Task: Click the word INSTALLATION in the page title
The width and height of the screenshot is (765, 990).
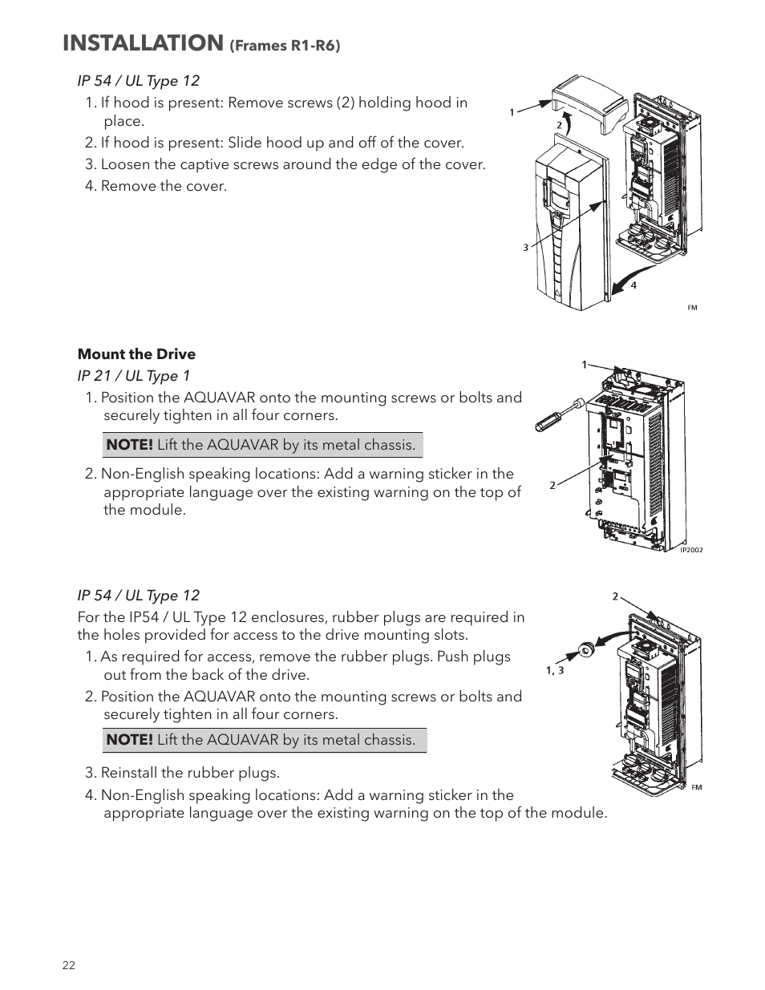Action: click(x=142, y=43)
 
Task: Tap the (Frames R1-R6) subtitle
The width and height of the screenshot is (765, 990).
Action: click(x=285, y=46)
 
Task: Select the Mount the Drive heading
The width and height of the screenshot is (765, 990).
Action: click(x=136, y=354)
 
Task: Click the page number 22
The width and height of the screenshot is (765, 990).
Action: click(x=69, y=965)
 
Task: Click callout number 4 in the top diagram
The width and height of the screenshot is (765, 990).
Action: click(x=633, y=285)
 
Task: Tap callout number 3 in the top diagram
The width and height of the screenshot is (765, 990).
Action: click(x=526, y=248)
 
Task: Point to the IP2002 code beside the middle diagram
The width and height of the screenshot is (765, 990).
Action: click(x=691, y=550)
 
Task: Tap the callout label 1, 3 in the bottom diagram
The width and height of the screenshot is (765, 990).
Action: click(x=555, y=670)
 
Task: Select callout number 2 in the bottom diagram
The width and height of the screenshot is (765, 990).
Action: click(x=615, y=596)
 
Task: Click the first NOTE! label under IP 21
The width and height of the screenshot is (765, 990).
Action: click(x=129, y=445)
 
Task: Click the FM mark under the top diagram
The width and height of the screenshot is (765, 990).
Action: click(x=692, y=308)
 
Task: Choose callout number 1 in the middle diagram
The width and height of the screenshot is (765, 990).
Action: click(x=585, y=365)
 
